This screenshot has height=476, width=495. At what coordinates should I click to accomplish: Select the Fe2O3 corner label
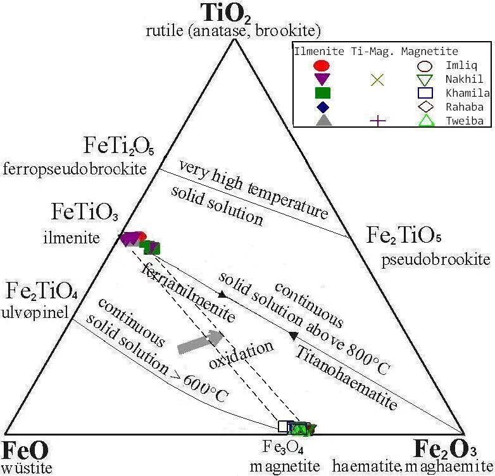[445, 449]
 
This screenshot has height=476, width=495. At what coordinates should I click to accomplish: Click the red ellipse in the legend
[321, 65]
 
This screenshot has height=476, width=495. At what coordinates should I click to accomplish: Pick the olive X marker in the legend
[377, 79]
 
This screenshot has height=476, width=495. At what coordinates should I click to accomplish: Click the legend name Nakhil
[464, 79]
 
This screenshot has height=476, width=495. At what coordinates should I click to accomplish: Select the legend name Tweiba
[464, 121]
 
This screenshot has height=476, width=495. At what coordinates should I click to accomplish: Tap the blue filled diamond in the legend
[321, 107]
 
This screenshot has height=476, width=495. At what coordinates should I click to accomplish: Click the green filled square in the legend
[321, 93]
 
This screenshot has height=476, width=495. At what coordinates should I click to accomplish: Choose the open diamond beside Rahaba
[424, 107]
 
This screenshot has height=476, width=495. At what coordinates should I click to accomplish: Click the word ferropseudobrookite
[75, 169]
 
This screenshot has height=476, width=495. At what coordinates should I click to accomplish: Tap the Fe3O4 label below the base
[281, 448]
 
